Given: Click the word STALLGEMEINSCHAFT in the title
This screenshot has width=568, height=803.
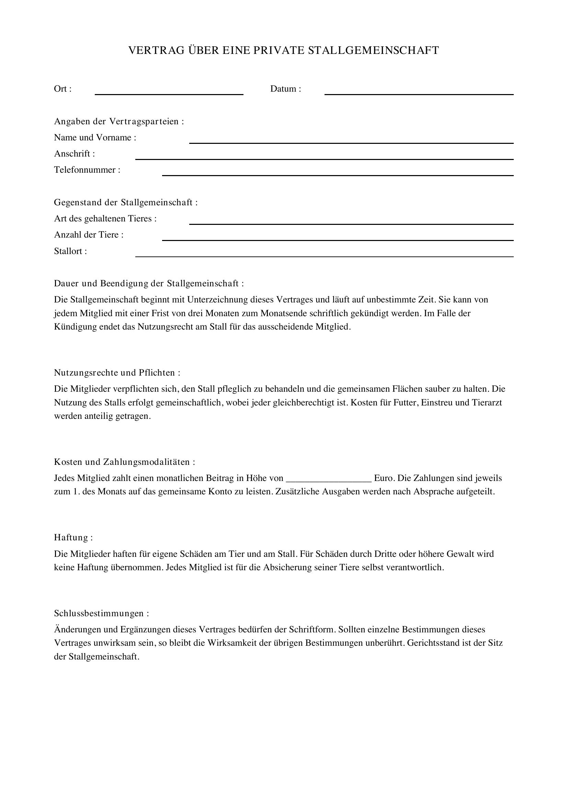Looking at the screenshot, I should click(x=373, y=50).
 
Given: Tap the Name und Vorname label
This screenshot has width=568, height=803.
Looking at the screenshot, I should click(x=95, y=137).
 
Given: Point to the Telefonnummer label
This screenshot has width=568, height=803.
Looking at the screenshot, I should click(x=87, y=170).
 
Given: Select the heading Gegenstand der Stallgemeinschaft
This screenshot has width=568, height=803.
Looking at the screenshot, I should click(x=126, y=203).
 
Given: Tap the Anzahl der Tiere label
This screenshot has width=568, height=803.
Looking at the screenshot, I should click(x=89, y=235).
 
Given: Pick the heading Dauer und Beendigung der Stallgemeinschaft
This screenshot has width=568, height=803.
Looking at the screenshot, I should click(x=149, y=283).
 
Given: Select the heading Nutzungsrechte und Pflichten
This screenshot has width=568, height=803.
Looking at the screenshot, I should click(x=117, y=372).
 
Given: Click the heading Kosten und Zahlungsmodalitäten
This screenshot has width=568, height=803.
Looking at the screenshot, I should click(x=124, y=462).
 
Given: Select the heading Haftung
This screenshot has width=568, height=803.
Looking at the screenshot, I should click(x=73, y=537).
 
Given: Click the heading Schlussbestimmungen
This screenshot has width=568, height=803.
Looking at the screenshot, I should click(x=101, y=613).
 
